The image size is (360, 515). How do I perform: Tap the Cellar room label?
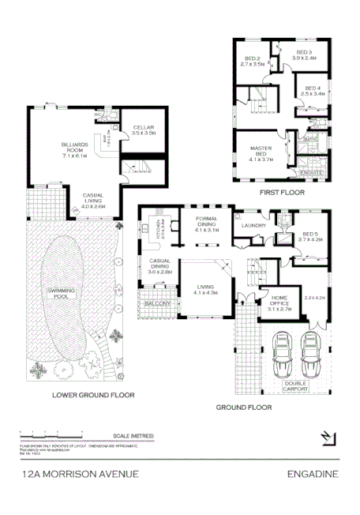click(x=143, y=130)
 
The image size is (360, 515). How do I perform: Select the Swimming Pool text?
click(x=60, y=294)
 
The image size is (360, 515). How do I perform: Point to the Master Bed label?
click(x=261, y=152)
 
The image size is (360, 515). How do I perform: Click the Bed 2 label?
click(x=253, y=62)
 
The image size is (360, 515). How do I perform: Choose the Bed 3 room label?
click(x=304, y=55)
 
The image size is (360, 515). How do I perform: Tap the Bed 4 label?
click(x=313, y=90)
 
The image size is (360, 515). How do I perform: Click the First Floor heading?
click(x=282, y=192)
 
